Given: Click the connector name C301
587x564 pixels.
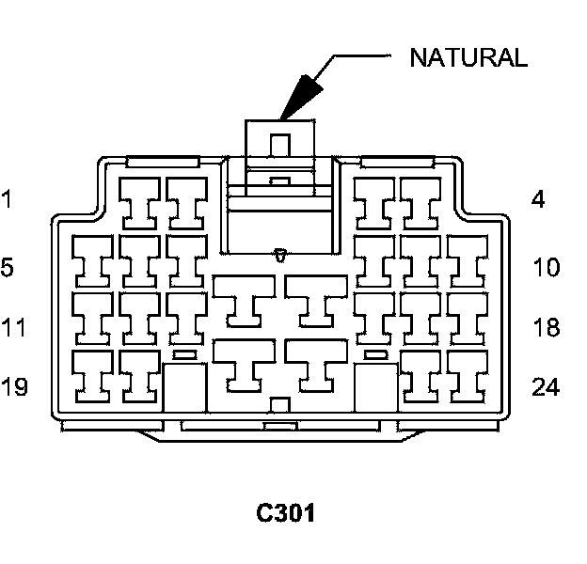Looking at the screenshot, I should click(287, 514).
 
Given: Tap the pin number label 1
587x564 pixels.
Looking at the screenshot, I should click(8, 199).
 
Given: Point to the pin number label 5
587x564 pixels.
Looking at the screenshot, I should click(8, 268).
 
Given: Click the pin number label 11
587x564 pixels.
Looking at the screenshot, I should click(12, 328).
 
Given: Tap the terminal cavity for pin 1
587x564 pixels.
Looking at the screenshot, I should click(140, 202).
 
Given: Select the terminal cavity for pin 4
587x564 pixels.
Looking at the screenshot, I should click(420, 202).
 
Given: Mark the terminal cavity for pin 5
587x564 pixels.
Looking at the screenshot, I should click(93, 260).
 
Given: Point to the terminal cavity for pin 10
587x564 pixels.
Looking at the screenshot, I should click(466, 260).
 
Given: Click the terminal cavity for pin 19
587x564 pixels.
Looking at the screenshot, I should click(93, 374).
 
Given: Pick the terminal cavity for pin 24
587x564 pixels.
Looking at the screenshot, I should click(466, 374).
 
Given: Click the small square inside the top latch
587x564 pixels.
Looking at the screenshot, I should click(279, 146).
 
